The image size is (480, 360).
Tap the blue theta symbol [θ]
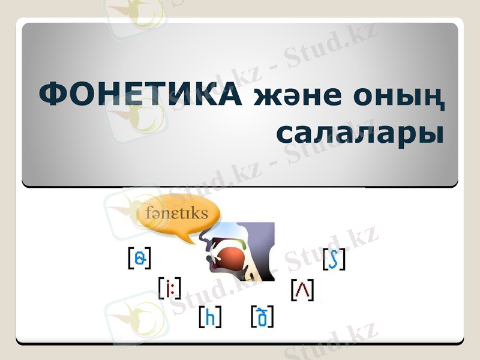[x=140, y=258]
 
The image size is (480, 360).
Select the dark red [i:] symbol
[x=170, y=288]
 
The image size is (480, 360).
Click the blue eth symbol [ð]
[x=262, y=316]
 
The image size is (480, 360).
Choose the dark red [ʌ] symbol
[x=302, y=290]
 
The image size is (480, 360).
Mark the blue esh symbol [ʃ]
[x=334, y=259]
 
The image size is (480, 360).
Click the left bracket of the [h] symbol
[x=200, y=317]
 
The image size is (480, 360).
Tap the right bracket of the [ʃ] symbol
[x=343, y=259]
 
